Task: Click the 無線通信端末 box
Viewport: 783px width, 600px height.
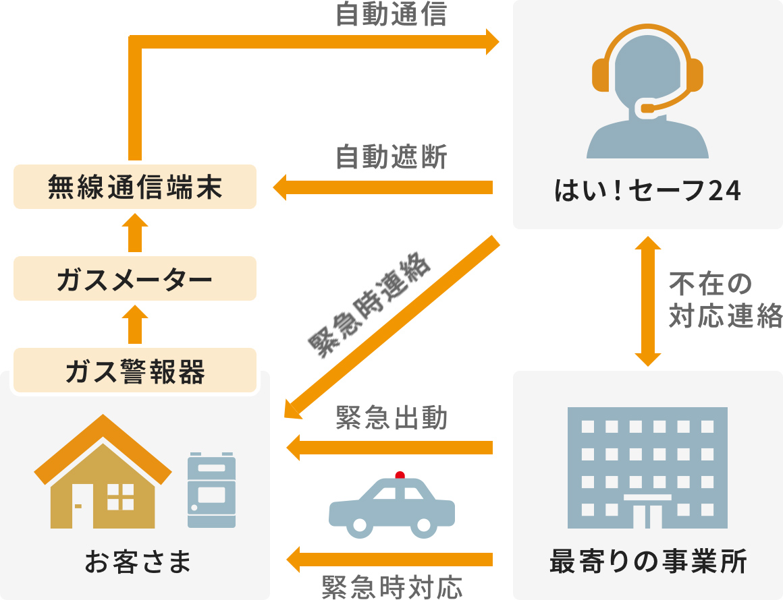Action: (x=135, y=187)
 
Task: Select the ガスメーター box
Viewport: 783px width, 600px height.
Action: (x=135, y=278)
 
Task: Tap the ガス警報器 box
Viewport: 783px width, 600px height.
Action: (x=135, y=370)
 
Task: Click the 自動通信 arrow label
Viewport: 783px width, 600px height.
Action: (x=391, y=15)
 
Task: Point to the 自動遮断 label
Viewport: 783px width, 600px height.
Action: (x=391, y=158)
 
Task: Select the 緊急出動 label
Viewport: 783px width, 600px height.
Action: (x=391, y=419)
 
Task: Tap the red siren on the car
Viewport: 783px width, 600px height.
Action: (x=400, y=475)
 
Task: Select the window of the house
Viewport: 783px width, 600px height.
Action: (x=120, y=496)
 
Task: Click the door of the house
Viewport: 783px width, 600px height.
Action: (x=81, y=506)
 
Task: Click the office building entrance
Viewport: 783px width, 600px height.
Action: (x=647, y=512)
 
